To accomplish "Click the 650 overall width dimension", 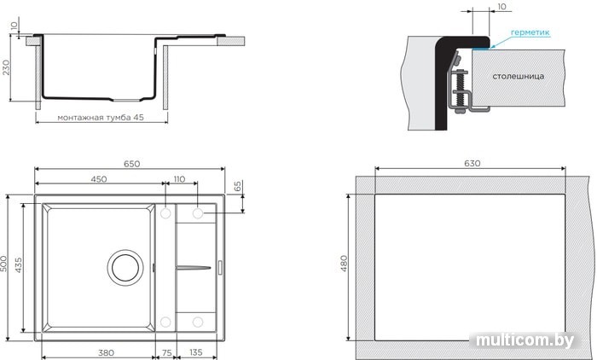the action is click(x=131, y=164).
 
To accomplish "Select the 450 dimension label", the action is click(x=99, y=179).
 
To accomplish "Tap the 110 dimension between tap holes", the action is click(x=179, y=179).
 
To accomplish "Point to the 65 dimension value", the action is click(x=237, y=186).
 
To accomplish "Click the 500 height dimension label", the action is click(x=3, y=264).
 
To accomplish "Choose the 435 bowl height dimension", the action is click(x=18, y=265).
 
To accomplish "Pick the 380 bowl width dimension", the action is click(x=106, y=353).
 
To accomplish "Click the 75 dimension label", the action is click(x=167, y=353).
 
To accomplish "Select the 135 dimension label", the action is click(x=195, y=353).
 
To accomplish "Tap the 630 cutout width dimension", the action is click(x=472, y=164).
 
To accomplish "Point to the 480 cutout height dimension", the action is click(x=344, y=264).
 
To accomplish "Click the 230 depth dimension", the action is click(x=7, y=67).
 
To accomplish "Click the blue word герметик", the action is click(x=530, y=32).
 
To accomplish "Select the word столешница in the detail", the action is click(x=519, y=76).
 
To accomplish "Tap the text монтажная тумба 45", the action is click(x=101, y=118).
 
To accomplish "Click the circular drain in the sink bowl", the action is click(x=125, y=267).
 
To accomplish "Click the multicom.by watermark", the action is click(x=525, y=340).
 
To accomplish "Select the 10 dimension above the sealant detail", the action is click(x=501, y=7).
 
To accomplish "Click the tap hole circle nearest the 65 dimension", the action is click(x=198, y=213).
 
